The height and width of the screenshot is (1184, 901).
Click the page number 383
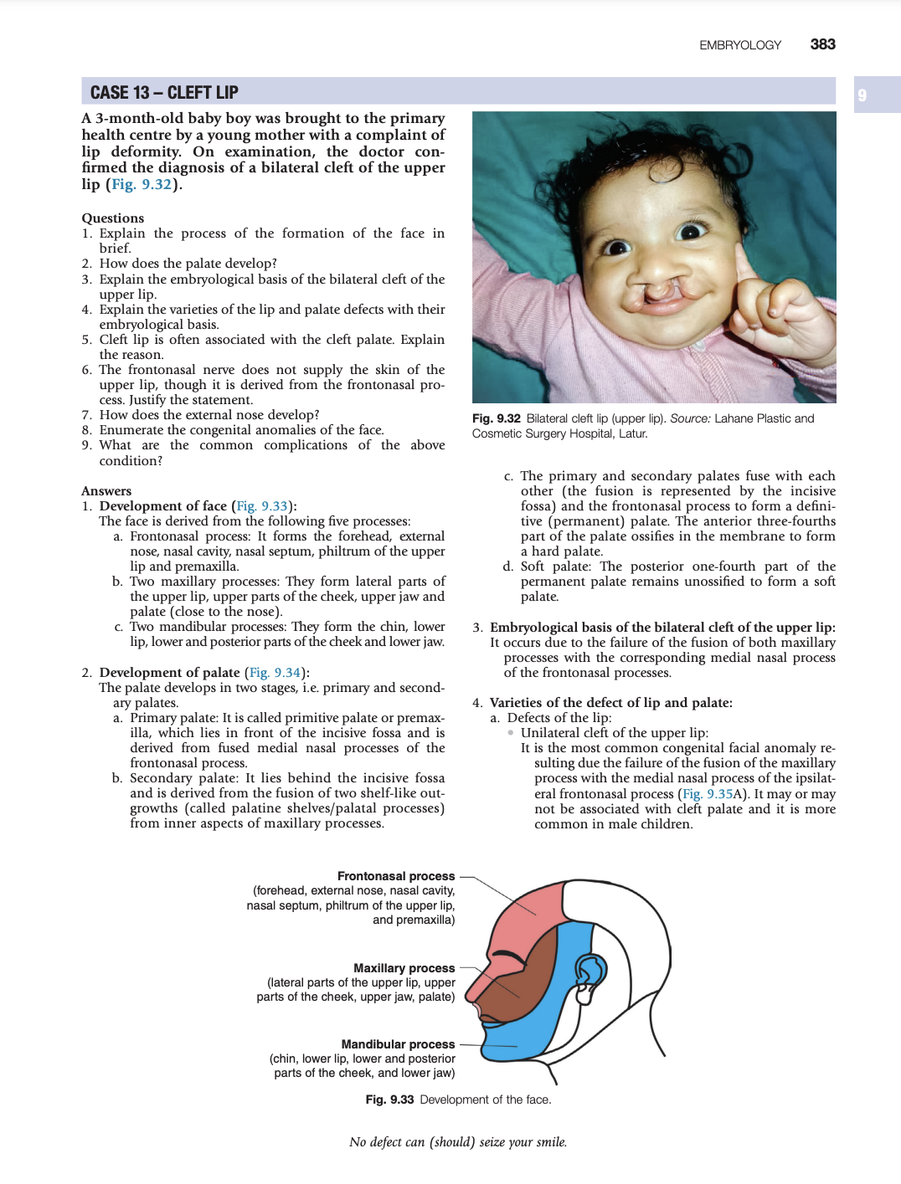822,44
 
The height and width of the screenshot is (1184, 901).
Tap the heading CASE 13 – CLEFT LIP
164,92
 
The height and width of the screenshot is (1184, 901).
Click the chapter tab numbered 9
862,95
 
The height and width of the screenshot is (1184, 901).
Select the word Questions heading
113,218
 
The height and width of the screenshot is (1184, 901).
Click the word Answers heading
106,491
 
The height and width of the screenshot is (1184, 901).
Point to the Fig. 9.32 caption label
497,418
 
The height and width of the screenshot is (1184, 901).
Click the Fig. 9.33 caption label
389,1099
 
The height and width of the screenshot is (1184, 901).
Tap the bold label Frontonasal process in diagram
396,876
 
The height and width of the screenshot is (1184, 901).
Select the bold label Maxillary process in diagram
404,968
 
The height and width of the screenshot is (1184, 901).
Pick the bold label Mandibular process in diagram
398,1044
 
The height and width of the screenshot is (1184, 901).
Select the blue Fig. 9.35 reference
708,794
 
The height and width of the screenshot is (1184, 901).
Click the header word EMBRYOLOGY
740,45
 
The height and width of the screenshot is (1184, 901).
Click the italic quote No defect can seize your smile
458,1142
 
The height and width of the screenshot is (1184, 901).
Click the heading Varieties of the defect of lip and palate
610,703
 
